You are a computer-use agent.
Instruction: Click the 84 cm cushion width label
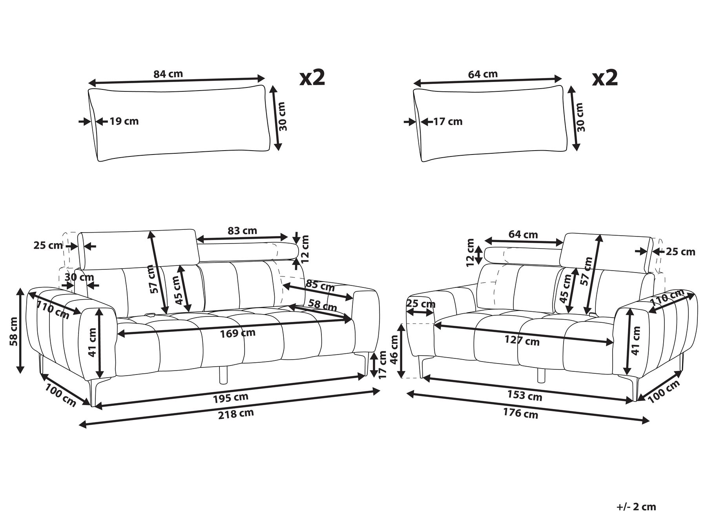point(168,74)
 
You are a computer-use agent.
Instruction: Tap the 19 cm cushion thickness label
point(124,121)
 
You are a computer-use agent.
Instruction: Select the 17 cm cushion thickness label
point(448,122)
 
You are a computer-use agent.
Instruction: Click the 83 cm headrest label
point(243,231)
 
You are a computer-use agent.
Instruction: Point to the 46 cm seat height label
point(394,349)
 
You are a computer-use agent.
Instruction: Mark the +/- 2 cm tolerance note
point(636,507)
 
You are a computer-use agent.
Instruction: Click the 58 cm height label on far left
point(13,331)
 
